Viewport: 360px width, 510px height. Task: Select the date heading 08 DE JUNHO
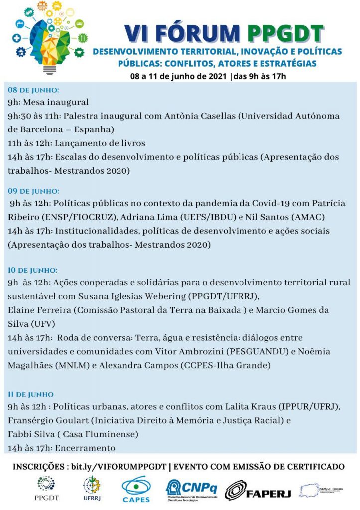(x=33, y=90)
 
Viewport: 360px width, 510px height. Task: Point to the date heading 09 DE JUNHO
(x=33, y=191)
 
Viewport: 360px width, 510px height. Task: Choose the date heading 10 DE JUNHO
(x=33, y=270)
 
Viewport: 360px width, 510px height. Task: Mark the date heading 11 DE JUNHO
(x=31, y=394)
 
